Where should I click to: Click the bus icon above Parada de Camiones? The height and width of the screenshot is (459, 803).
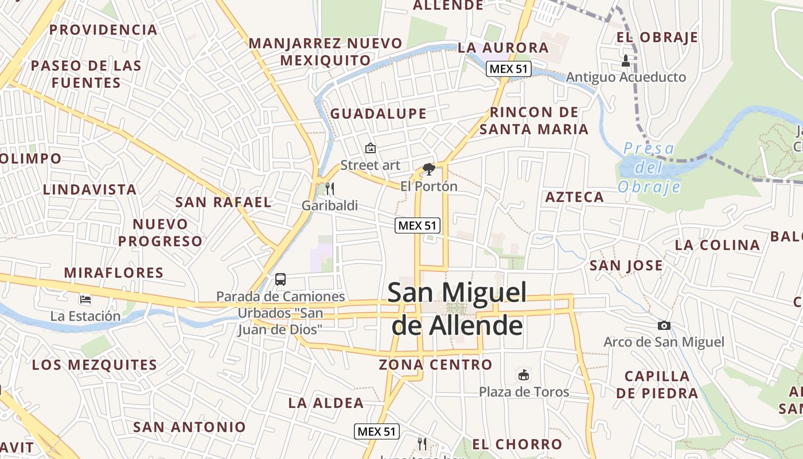click(280, 279)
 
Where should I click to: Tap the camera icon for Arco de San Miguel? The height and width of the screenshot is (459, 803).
click(664, 325)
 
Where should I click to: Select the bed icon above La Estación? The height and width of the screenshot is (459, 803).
click(85, 299)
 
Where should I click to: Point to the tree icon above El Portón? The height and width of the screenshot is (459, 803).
click(428, 169)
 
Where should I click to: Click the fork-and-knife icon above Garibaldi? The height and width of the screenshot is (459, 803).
click(329, 188)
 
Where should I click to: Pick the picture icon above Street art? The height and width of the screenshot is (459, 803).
click(371, 148)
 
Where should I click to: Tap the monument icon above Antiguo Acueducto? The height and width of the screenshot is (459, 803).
click(626, 60)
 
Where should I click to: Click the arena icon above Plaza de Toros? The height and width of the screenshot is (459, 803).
click(524, 375)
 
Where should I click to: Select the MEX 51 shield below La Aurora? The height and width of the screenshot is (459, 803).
click(509, 69)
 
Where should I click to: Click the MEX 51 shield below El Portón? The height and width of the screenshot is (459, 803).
click(418, 225)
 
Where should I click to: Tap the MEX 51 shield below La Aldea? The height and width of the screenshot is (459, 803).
click(376, 431)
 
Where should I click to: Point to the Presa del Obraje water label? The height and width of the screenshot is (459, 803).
click(649, 168)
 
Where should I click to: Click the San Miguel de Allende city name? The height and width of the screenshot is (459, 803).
click(457, 309)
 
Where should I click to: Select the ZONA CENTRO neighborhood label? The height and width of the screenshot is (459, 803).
click(435, 364)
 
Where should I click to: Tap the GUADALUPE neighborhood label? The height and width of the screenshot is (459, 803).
click(379, 114)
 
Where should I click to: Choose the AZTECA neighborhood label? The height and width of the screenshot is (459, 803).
click(575, 197)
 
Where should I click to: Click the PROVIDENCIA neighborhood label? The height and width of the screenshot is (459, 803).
click(103, 30)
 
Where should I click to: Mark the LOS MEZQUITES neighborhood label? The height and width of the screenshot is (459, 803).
click(95, 365)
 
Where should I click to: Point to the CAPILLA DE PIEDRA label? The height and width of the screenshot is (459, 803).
click(657, 384)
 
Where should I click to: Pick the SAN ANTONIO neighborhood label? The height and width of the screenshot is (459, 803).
click(189, 427)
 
